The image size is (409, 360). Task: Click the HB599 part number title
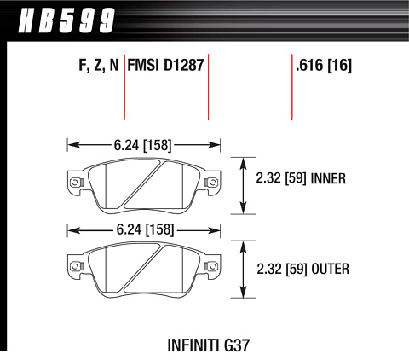66,20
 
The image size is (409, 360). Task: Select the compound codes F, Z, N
99,65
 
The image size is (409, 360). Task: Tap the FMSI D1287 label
165,65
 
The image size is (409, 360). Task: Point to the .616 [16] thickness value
324,65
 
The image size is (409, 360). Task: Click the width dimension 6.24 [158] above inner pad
143,145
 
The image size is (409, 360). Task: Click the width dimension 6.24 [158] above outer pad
145,229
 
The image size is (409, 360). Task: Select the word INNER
329,178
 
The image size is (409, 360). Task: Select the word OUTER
331,269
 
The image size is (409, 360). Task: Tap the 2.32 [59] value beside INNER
281,178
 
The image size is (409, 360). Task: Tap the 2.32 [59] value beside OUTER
282,269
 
